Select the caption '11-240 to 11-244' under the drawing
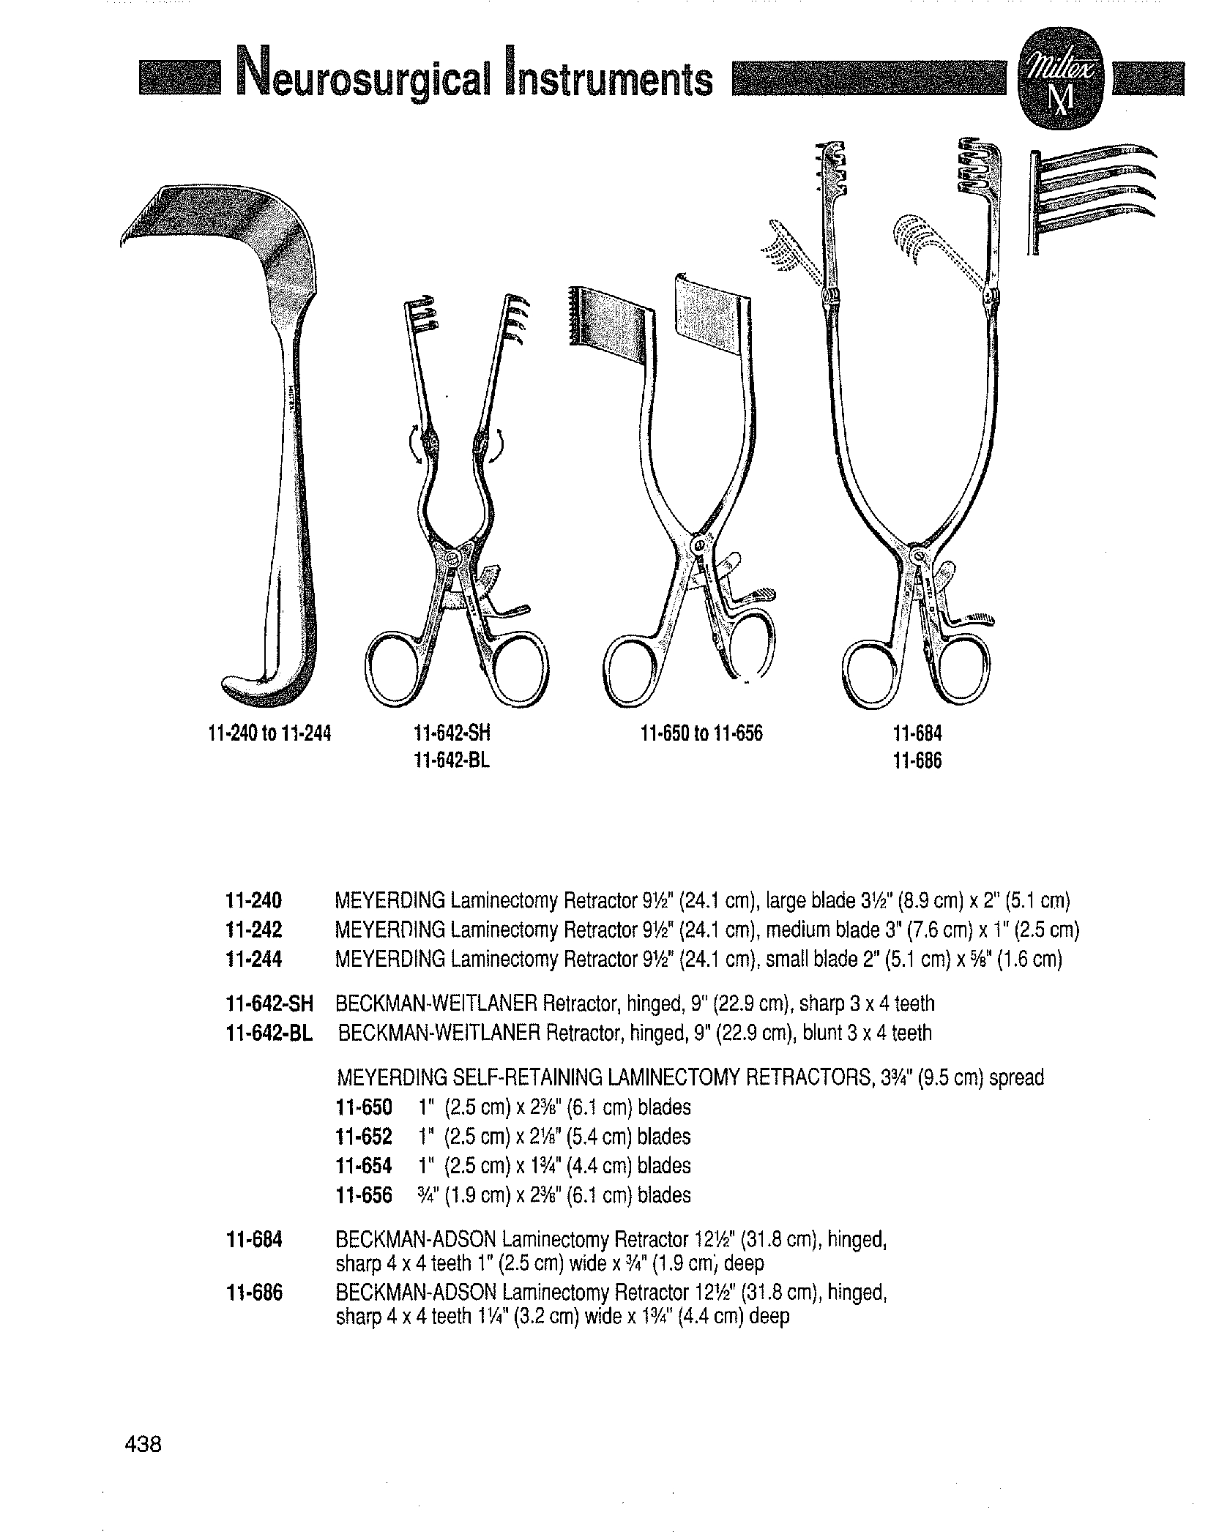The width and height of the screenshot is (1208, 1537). pos(270,733)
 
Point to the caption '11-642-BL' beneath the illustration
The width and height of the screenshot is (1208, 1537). pos(452,760)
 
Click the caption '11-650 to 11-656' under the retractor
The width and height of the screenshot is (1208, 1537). pos(701,733)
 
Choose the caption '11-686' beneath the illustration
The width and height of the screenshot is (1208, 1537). pos(918,760)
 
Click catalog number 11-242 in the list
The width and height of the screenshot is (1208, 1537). pos(254,930)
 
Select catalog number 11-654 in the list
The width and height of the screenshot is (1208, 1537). pos(364,1166)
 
